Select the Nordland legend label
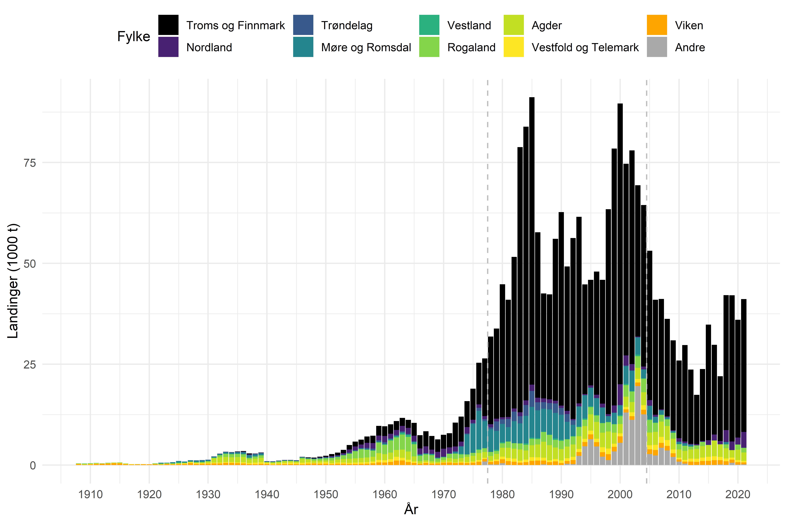click(x=209, y=47)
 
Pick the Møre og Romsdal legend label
click(x=366, y=47)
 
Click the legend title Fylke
click(x=134, y=36)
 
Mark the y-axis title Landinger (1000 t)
click(x=13, y=281)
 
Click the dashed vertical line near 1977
click(x=488, y=234)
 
